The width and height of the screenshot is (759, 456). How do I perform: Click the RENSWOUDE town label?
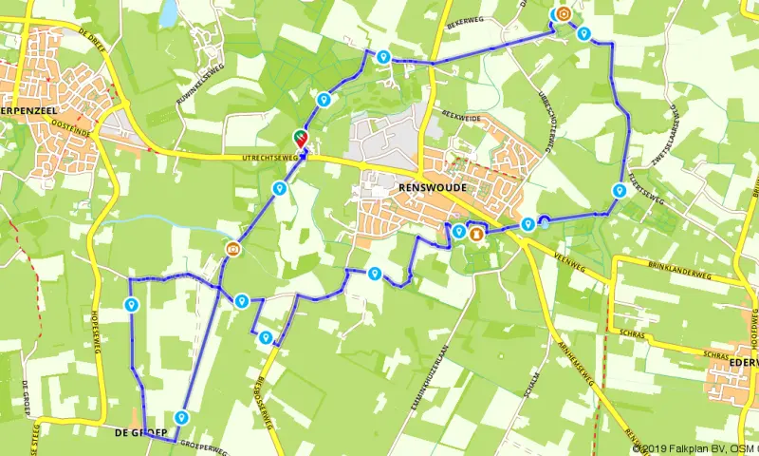point(419,189)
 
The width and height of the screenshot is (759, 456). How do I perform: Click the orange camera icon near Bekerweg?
point(563,14)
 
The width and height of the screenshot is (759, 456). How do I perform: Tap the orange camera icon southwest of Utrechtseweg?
point(231,250)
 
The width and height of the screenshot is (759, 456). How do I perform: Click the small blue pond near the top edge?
point(168,12)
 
